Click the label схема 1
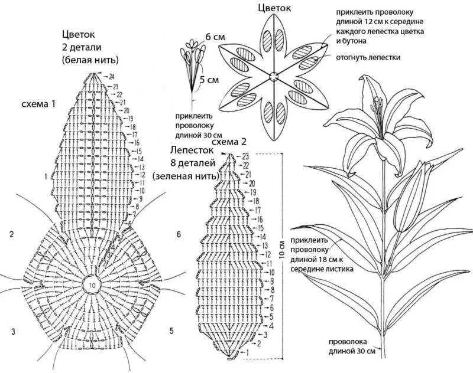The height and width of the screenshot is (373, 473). click(38, 104)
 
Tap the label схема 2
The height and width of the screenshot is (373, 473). click(228, 142)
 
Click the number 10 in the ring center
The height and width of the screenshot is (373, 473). click(92, 284)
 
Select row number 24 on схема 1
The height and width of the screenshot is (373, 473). click(111, 76)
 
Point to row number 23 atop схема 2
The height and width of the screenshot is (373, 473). click(245, 156)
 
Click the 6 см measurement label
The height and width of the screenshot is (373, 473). click(215, 37)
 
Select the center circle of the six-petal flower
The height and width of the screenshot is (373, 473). click(273, 76)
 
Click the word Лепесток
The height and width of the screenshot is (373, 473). click(190, 151)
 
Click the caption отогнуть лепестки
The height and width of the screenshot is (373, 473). click(368, 57)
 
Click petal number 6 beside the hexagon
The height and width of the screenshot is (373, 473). click(179, 234)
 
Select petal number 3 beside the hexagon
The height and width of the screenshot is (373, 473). click(12, 331)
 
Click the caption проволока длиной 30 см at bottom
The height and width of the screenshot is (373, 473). click(352, 346)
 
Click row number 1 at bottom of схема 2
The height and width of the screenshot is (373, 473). click(247, 352)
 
